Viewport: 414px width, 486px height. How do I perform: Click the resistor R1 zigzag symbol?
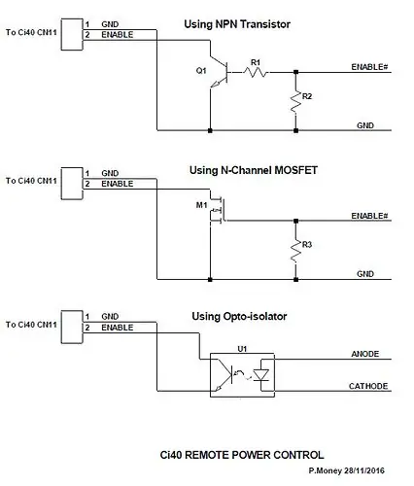pyautogui.click(x=256, y=72)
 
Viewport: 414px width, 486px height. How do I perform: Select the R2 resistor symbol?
pyautogui.click(x=295, y=102)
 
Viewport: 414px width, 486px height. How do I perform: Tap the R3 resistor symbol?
pyautogui.click(x=295, y=251)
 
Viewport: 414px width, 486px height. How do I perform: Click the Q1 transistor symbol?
pyautogui.click(x=220, y=72)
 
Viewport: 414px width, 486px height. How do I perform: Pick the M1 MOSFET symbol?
pyautogui.click(x=217, y=210)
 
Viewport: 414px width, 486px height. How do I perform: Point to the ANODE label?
pyautogui.click(x=365, y=354)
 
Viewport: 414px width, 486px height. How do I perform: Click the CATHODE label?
pyautogui.click(x=368, y=386)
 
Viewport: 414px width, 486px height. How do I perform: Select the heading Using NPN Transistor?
pyautogui.click(x=237, y=24)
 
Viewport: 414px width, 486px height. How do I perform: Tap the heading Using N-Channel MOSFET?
pyautogui.click(x=254, y=170)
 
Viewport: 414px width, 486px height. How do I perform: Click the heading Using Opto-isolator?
pyautogui.click(x=239, y=316)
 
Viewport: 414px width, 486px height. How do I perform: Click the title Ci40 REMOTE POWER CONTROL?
pyautogui.click(x=242, y=455)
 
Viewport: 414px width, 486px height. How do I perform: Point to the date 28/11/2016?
pyautogui.click(x=364, y=470)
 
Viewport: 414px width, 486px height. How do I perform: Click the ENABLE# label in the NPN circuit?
pyautogui.click(x=369, y=67)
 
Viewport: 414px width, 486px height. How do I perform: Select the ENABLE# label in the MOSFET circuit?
pyautogui.click(x=369, y=216)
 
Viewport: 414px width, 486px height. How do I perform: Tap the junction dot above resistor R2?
pyautogui.click(x=295, y=72)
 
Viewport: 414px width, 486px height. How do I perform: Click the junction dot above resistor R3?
pyautogui.click(x=295, y=221)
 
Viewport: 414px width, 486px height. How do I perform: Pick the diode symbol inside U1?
pyautogui.click(x=260, y=375)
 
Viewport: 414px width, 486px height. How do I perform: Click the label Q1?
pyautogui.click(x=201, y=70)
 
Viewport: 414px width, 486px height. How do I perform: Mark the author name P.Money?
pyautogui.click(x=325, y=470)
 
